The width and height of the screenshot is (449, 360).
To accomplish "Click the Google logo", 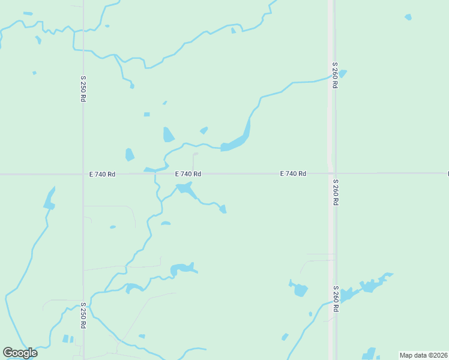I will [x=20, y=352].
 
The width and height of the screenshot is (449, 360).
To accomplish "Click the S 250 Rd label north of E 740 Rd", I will [x=83, y=88].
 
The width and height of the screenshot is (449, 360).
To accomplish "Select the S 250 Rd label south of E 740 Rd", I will [x=83, y=315].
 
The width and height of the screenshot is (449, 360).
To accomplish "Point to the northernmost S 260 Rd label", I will [x=334, y=75].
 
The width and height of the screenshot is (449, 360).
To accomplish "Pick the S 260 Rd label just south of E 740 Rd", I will [x=335, y=192].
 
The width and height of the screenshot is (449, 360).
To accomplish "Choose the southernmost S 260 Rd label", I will [x=336, y=299].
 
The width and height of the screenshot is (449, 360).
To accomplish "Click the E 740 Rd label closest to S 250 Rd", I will [x=101, y=174].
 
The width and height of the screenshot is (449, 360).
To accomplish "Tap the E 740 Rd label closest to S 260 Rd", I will [x=293, y=173].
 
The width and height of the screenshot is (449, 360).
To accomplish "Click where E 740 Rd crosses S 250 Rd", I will [x=83, y=174].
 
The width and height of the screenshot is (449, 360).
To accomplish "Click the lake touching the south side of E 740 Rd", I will [x=186, y=190].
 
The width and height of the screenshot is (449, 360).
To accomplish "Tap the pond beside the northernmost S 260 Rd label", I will [x=343, y=74].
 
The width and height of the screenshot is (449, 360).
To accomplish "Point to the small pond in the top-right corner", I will [x=408, y=17].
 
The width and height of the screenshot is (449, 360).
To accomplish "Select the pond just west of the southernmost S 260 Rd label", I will [x=300, y=290].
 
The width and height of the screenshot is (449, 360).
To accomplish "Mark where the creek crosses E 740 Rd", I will [x=155, y=174].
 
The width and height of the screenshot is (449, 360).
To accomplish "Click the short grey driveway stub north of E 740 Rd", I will [x=194, y=161].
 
